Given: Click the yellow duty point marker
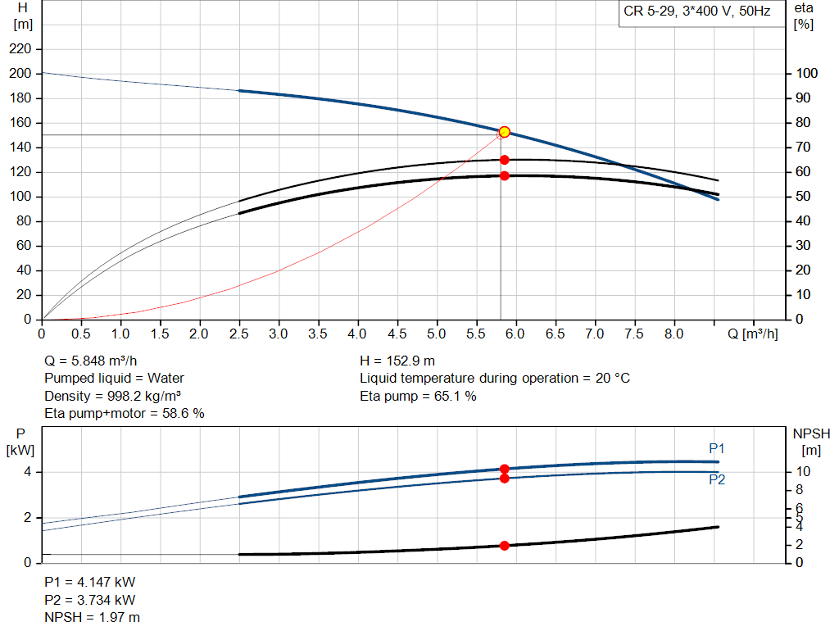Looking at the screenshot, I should click(505, 132).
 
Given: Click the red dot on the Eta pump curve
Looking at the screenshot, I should click(505, 160).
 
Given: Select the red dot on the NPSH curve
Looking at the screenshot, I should click(505, 546).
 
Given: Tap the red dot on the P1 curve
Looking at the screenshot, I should click(505, 470).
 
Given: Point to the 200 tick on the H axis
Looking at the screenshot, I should click(20, 74).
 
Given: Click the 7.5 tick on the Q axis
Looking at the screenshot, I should click(634, 334).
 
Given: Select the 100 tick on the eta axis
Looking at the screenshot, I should click(806, 74).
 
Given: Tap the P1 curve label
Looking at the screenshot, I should click(717, 449).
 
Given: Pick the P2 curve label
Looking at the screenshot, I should click(717, 480).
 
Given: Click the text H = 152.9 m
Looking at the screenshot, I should click(398, 361).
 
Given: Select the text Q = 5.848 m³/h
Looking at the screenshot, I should click(97, 361).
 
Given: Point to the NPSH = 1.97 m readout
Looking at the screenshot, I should click(92, 617).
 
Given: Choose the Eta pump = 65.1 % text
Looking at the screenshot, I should click(418, 396).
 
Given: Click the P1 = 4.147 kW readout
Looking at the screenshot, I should click(90, 582).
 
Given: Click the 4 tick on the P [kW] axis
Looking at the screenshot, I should click(27, 472).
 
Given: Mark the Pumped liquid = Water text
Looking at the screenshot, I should click(114, 379).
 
